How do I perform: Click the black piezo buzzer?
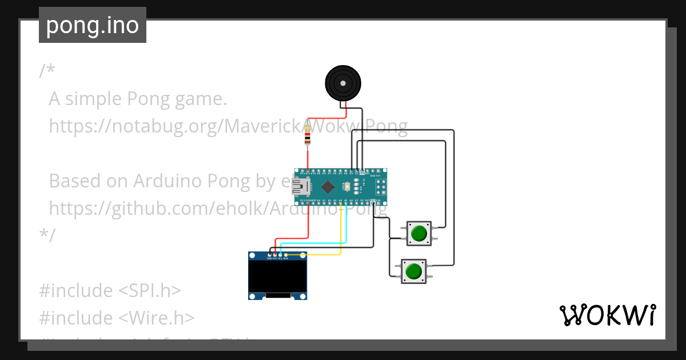click(343, 83)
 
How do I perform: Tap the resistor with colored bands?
click(308, 136)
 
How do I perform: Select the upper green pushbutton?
click(419, 233)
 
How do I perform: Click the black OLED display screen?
click(277, 277)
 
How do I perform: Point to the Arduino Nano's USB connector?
click(300, 187)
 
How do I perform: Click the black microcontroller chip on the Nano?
click(328, 187)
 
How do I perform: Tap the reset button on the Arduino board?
click(346, 186)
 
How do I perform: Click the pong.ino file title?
click(93, 26)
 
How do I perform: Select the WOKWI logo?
click(607, 315)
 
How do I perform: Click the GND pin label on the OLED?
click(269, 258)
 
